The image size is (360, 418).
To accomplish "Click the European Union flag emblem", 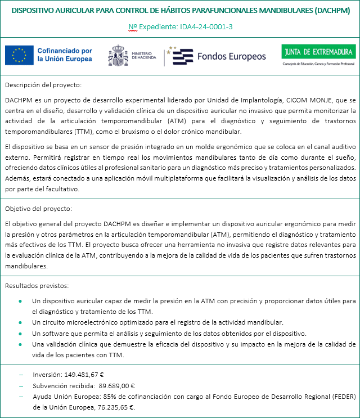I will pyautogui.click(x=19, y=55).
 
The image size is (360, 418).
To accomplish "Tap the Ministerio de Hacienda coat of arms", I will pyautogui.click(x=119, y=55).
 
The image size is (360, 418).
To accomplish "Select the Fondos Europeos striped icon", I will pyautogui.click(x=183, y=56).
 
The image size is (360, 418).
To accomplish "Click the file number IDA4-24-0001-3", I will pyautogui.click(x=203, y=26).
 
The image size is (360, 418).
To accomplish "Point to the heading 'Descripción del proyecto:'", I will pyautogui.click(x=43, y=85).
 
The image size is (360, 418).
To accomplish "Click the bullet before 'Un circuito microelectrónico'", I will pyautogui.click(x=21, y=322).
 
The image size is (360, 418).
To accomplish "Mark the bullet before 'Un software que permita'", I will pyautogui.click(x=21, y=333).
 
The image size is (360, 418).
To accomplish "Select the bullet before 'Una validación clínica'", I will pyautogui.click(x=21, y=344).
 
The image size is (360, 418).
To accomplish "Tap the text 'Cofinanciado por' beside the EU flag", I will pyautogui.click(x=65, y=51).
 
